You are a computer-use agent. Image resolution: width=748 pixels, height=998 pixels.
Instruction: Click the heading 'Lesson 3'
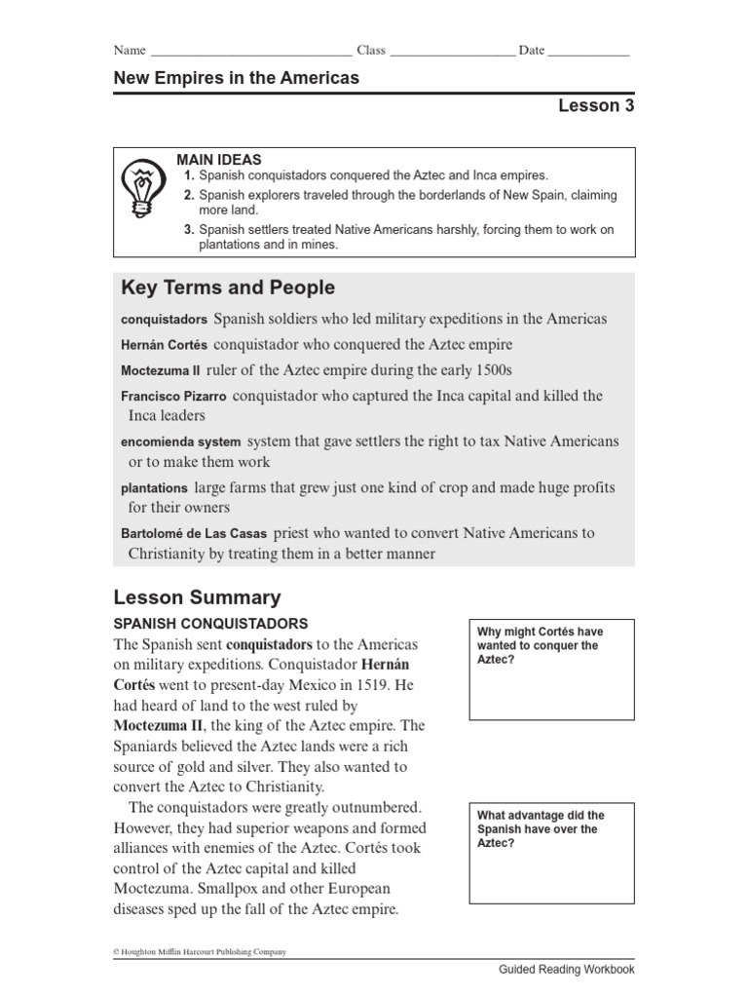click(x=595, y=106)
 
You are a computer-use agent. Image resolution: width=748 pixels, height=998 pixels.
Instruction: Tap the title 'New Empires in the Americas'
click(x=237, y=78)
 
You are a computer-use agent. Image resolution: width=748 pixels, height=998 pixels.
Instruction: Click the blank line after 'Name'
click(x=250, y=52)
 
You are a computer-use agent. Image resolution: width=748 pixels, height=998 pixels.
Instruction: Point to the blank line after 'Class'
click(x=452, y=52)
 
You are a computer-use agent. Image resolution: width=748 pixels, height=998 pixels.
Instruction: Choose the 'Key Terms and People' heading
click(x=227, y=288)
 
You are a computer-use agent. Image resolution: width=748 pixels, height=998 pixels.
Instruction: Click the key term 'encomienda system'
click(x=180, y=442)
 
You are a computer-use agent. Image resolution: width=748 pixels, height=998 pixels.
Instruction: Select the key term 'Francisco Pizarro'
click(x=173, y=398)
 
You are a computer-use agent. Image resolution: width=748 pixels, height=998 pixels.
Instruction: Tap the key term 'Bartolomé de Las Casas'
click(x=194, y=534)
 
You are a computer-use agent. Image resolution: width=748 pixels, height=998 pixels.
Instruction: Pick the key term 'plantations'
click(x=154, y=488)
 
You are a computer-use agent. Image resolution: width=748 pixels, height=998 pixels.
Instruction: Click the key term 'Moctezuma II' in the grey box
click(x=160, y=371)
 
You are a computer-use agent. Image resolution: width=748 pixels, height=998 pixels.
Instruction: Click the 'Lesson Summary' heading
click(x=197, y=597)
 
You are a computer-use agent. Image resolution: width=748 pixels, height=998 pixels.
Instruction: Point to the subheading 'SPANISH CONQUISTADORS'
click(x=210, y=624)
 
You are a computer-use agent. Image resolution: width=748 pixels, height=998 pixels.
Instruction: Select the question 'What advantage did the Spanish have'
click(x=541, y=828)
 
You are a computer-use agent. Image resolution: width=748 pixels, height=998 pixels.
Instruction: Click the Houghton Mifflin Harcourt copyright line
click(x=200, y=952)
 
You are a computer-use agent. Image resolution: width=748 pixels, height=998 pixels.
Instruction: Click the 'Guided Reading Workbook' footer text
click(x=566, y=970)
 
